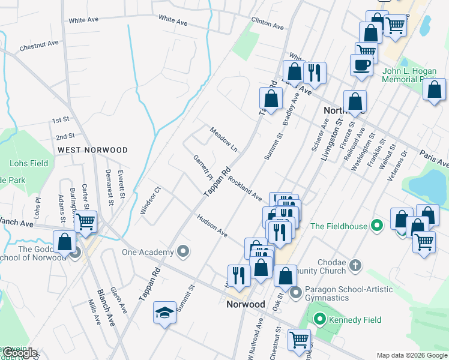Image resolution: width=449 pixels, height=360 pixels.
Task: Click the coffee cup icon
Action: (362, 65)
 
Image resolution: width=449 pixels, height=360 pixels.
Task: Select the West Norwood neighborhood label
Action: (92, 149)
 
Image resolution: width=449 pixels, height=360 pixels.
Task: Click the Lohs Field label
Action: (29, 163)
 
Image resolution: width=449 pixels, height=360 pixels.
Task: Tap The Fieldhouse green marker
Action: (376, 226)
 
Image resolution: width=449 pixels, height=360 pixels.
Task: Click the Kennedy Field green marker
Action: (320, 320)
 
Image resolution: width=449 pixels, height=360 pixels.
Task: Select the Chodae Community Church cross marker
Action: (355, 265)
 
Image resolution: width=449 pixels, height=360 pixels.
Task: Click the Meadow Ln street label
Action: (224, 139)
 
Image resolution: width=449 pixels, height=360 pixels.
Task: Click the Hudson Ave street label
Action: (212, 224)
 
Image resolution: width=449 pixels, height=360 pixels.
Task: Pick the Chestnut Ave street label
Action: (39, 44)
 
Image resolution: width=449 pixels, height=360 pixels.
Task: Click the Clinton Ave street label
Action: (267, 23)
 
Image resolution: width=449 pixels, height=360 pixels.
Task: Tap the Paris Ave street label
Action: (434, 158)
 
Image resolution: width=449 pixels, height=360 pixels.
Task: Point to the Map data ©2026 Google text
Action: (412, 355)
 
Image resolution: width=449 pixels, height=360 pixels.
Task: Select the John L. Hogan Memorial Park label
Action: (409, 75)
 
